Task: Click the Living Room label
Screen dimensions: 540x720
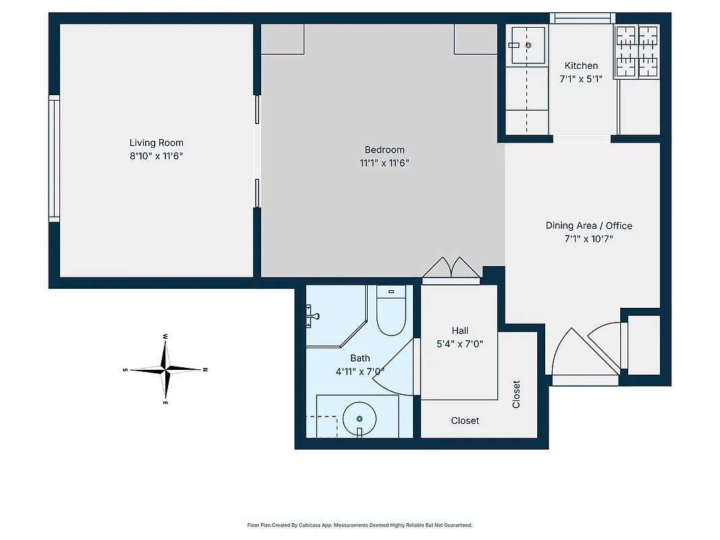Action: click(156, 142)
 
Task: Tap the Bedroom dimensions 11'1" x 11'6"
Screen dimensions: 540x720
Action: click(384, 163)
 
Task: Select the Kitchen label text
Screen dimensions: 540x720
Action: click(581, 65)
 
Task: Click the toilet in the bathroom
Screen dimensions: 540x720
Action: click(391, 312)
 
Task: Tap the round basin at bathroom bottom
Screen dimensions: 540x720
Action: click(359, 418)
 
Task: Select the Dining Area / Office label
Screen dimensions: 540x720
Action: click(588, 225)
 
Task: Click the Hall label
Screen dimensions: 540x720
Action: click(460, 330)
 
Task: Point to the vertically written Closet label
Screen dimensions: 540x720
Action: click(516, 394)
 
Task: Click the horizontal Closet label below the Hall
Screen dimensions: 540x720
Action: click(465, 421)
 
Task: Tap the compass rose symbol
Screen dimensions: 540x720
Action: click(166, 369)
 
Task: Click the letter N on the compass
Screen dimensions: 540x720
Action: click(205, 370)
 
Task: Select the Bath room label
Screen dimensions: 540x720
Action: click(360, 358)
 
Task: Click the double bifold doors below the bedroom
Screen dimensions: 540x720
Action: click(451, 267)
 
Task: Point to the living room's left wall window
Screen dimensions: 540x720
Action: click(54, 159)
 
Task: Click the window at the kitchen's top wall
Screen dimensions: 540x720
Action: click(582, 18)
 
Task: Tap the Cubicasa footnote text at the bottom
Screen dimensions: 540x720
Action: click(360, 524)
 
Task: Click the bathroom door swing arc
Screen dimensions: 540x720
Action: click(393, 368)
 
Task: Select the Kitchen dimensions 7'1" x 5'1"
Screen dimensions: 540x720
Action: click(581, 78)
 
